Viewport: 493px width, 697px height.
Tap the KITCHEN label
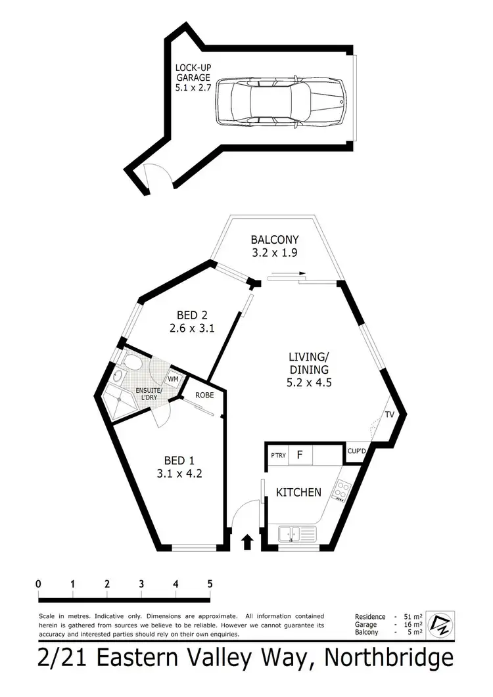[298, 492]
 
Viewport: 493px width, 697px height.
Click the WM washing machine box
[174, 380]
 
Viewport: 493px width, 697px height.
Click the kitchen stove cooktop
[342, 490]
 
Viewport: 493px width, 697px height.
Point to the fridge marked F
[299, 455]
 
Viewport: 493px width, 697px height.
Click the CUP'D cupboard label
[356, 451]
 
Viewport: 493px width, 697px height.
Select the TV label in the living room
[389, 415]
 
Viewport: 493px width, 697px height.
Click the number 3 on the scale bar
[141, 584]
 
